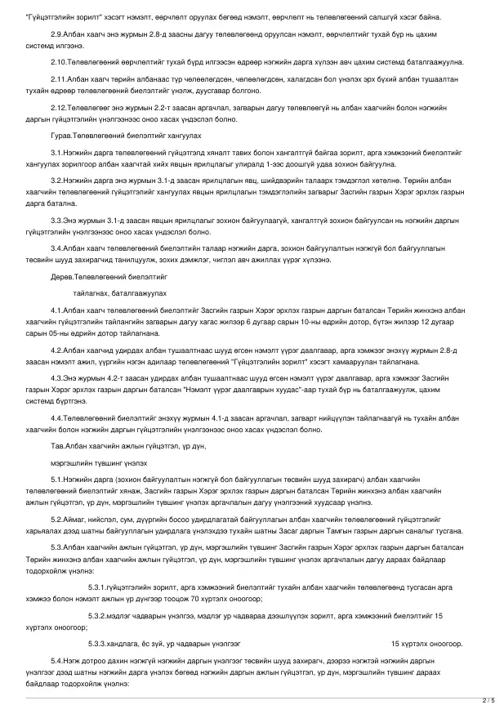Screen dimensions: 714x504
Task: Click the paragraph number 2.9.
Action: [56, 34]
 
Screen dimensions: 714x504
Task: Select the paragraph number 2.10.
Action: [59, 62]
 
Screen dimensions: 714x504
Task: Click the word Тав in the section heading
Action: [57, 447]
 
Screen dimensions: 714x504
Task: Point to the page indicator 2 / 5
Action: [488, 701]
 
